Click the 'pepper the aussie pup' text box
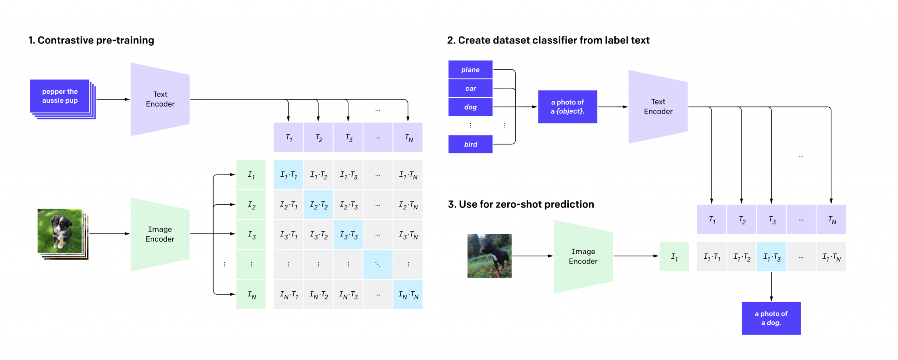coord(60,96)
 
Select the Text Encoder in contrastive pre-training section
coord(160,100)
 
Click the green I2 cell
coord(251,205)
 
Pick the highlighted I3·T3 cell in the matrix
coord(348,235)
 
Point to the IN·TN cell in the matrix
coord(408,295)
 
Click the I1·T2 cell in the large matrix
coord(318,175)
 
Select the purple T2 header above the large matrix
coord(318,138)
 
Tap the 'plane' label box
coord(470,70)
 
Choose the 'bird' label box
coord(470,144)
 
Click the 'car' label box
coord(470,89)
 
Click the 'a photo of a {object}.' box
coord(567,107)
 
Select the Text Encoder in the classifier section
coord(658,107)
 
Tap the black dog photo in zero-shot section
coord(489,256)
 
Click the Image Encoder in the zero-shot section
coord(583,257)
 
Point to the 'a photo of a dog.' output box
coord(771,318)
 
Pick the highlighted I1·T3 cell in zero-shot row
coord(771,257)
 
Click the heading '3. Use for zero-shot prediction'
coord(520,204)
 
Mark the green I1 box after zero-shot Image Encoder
coord(674,257)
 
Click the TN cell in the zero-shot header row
coord(831,220)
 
